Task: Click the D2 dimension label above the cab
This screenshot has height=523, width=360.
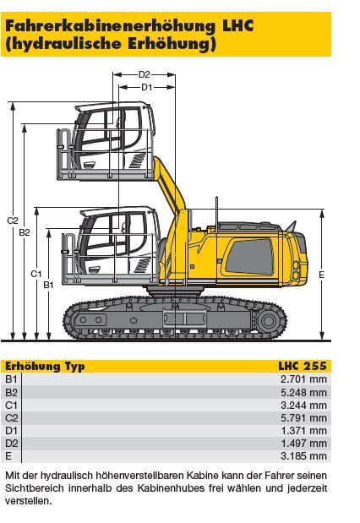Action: (145, 74)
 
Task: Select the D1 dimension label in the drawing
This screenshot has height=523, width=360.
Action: (147, 87)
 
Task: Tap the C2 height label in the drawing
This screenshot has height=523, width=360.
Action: (13, 221)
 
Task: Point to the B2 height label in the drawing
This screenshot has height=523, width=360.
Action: (25, 232)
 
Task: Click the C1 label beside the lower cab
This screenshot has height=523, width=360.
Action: (36, 274)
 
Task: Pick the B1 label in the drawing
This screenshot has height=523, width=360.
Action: (49, 285)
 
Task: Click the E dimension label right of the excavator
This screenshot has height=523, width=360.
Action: (321, 275)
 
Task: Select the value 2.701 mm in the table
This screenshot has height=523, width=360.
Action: (303, 379)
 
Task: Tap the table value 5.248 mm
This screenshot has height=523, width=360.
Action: (303, 392)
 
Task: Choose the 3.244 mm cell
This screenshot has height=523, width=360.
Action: (303, 405)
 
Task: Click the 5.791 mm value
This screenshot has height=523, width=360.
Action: (303, 417)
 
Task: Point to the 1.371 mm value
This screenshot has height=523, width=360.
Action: (303, 430)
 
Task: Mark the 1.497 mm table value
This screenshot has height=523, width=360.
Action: (303, 443)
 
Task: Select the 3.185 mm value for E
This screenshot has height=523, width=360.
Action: (303, 455)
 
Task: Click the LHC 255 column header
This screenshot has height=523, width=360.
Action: (303, 366)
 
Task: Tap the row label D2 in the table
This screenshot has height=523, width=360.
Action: (11, 444)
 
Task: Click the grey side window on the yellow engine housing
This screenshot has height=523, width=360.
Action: (249, 257)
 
